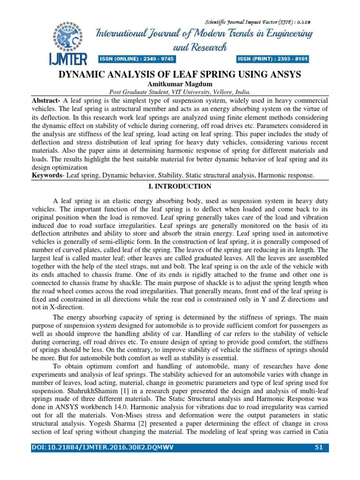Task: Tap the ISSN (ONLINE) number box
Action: click(x=135, y=59)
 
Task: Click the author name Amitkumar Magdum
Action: click(x=180, y=84)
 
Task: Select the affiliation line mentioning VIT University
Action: click(x=180, y=92)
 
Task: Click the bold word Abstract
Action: click(x=46, y=101)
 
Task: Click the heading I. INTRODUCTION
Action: click(x=180, y=186)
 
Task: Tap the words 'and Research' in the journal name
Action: click(x=200, y=47)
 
